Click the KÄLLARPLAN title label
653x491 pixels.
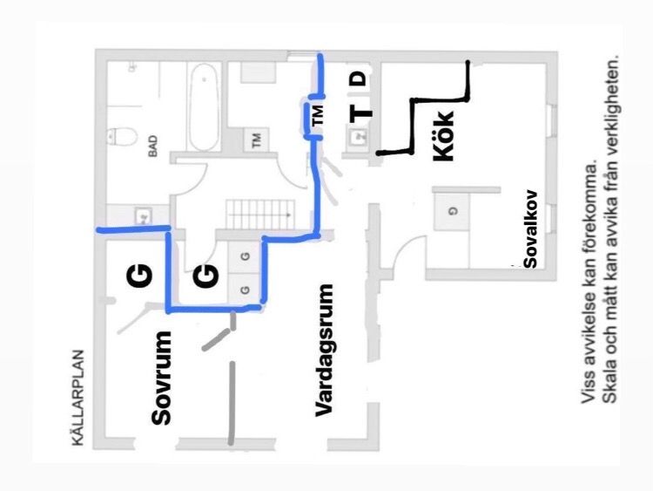click(x=77, y=398)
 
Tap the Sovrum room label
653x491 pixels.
click(x=161, y=378)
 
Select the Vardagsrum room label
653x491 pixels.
click(x=324, y=350)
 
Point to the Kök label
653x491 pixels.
click(x=443, y=135)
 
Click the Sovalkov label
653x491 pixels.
click(x=530, y=229)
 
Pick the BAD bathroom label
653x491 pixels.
click(x=153, y=146)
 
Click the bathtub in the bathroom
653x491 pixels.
click(x=204, y=106)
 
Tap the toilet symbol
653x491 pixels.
click(x=121, y=136)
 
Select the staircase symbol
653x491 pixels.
click(x=260, y=214)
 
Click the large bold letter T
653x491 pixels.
click(x=360, y=113)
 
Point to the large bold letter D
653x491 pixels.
click(x=359, y=78)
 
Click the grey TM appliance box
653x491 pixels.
click(x=256, y=140)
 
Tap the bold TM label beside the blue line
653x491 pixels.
click(x=318, y=115)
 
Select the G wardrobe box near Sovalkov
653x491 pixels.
click(x=451, y=212)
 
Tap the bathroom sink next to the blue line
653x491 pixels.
click(x=143, y=216)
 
